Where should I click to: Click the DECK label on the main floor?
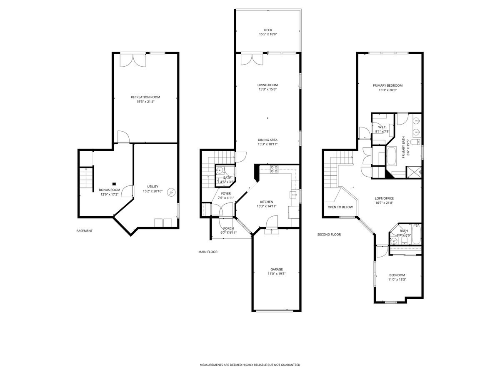pos(267,30)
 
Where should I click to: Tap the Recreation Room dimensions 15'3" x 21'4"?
pos(145,102)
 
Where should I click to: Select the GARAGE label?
pos(276,269)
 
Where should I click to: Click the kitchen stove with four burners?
pos(275,169)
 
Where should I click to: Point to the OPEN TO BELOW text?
pos(340,207)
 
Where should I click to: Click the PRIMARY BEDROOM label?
pos(387,85)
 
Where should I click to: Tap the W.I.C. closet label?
pos(382,127)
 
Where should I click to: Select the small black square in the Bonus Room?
pos(114,183)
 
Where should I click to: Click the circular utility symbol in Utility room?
pos(171,192)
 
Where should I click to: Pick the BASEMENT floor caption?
pos(85,231)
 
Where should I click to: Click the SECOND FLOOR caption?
pos(329,235)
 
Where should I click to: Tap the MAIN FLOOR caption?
pos(208,252)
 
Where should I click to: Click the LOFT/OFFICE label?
pos(384,198)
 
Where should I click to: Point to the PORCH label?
pos(228,228)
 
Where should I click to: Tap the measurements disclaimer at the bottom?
pos(250,365)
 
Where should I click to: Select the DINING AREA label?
pos(267,140)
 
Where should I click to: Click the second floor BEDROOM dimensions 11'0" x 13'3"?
pos(397,280)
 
